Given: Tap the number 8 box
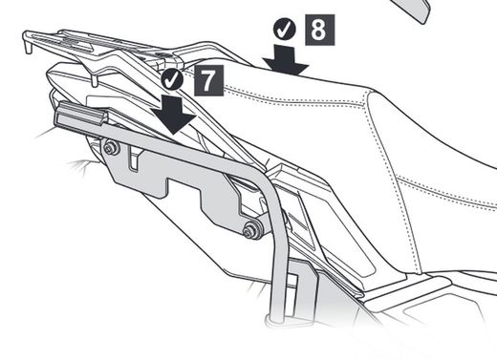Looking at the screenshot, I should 317,29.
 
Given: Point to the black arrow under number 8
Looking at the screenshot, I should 286,60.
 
